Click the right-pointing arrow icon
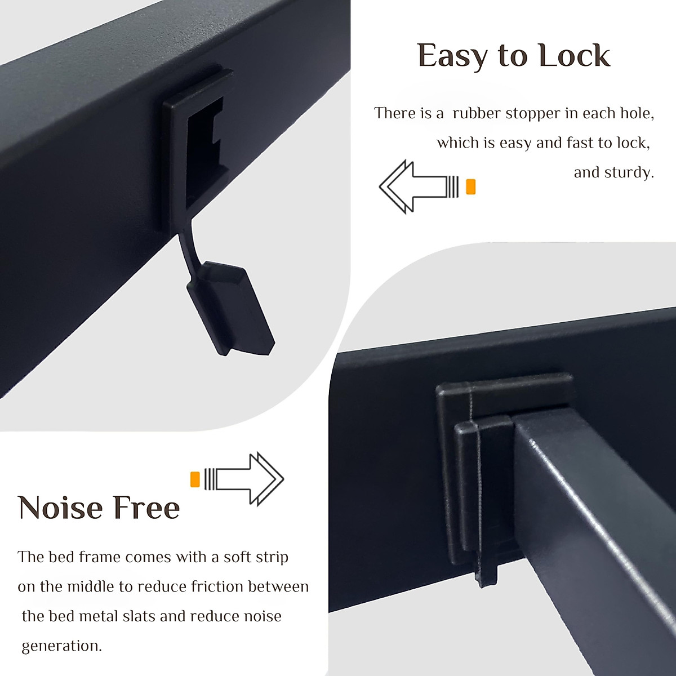(x=248, y=478)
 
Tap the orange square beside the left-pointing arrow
(x=471, y=186)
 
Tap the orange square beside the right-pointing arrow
(x=195, y=478)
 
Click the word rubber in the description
(x=477, y=113)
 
